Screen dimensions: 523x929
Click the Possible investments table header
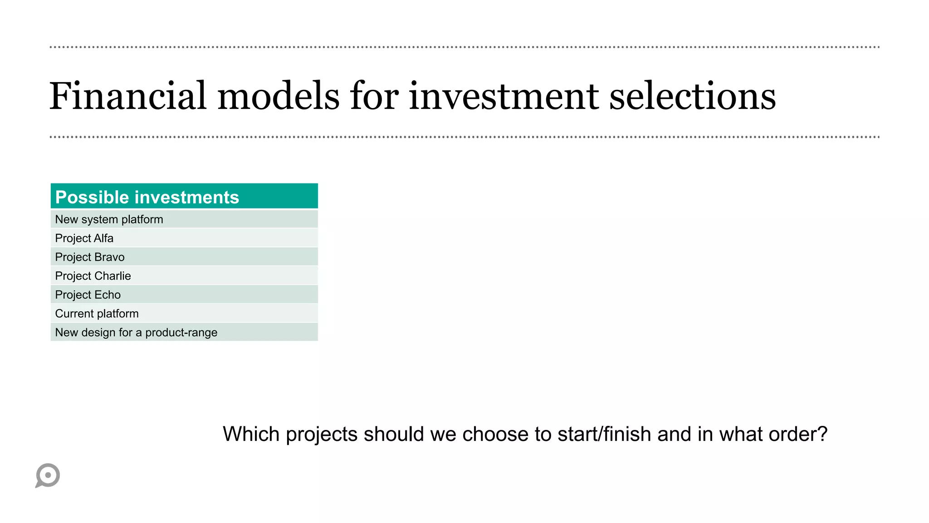184,197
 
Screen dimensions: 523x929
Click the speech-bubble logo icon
48,475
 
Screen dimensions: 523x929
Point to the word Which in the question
251,434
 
